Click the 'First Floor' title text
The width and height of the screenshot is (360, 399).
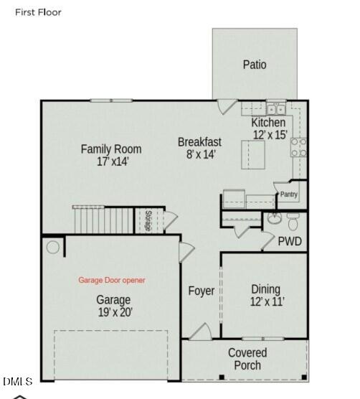coord(38,12)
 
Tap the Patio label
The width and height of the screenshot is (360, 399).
coord(254,65)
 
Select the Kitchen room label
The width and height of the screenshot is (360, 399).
coord(268,123)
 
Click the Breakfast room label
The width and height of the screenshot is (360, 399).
coord(199,142)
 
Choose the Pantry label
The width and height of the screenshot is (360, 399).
coord(288,194)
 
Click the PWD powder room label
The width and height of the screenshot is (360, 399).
coord(290,241)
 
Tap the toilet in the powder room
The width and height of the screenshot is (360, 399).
coord(293,218)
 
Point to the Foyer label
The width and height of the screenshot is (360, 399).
coord(202,291)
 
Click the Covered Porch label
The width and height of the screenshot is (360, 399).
coord(247,359)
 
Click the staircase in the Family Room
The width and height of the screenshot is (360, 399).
coord(104,219)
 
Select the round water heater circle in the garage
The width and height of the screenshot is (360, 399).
coord(53,248)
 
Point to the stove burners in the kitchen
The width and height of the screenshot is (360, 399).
coord(299,147)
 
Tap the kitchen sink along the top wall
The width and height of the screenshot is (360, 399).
coord(275,110)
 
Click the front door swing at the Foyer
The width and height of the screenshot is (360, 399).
coord(201,332)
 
